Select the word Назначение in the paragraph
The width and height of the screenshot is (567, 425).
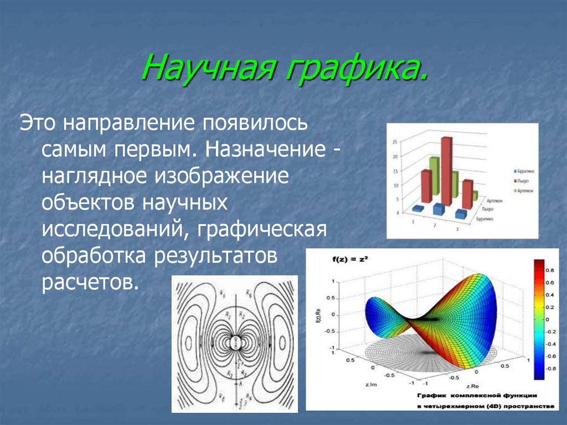tap(267, 150)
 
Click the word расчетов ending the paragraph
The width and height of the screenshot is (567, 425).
tap(89, 283)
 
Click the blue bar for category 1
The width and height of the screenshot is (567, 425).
tap(418, 208)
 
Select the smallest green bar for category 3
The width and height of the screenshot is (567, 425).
tap(475, 195)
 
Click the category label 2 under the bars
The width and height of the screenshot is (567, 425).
tap(435, 226)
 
